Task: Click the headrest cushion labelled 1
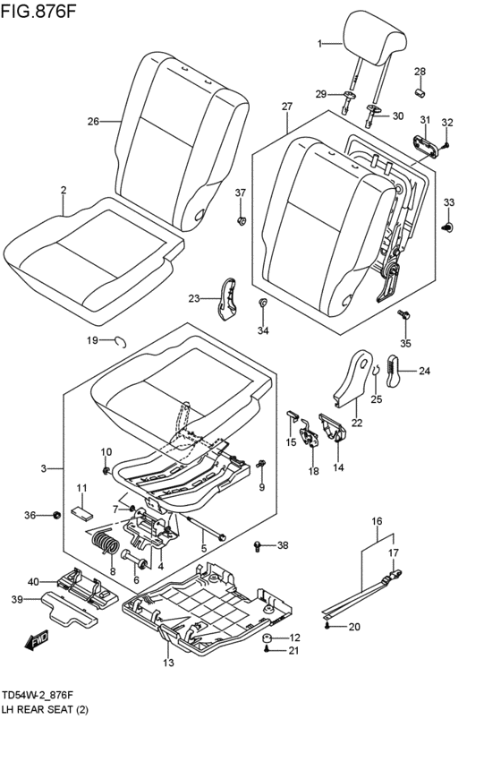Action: click(x=374, y=38)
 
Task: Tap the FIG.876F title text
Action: click(x=38, y=11)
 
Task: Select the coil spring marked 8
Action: click(x=105, y=543)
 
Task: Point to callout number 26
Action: click(x=93, y=121)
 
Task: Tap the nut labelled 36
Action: click(x=56, y=515)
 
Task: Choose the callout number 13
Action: click(x=168, y=663)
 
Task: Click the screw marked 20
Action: click(x=328, y=627)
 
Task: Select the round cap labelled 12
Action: click(x=267, y=638)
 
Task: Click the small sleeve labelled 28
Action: click(x=420, y=92)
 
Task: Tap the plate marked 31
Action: click(x=426, y=146)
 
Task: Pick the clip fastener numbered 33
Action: click(x=448, y=227)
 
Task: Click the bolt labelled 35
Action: click(x=403, y=315)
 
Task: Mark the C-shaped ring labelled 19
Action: click(x=121, y=342)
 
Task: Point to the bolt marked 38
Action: click(x=258, y=546)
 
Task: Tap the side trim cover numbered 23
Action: click(x=226, y=299)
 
